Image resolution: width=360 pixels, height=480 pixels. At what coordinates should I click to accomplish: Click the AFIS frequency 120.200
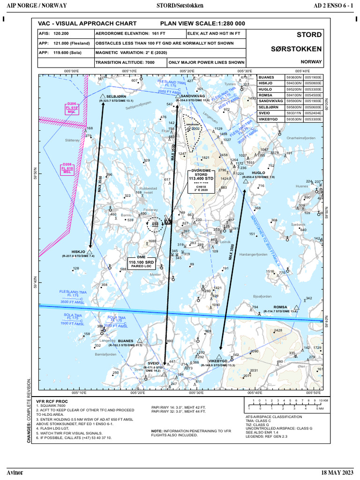pos(61,34)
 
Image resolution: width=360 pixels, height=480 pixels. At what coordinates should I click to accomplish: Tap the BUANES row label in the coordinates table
pos(266,77)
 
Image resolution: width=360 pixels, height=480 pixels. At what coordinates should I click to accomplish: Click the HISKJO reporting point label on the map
pos(78,252)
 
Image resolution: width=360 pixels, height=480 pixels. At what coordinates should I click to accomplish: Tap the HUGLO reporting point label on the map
pos(258,172)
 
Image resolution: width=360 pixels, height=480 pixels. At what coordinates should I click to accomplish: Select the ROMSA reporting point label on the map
pos(280,307)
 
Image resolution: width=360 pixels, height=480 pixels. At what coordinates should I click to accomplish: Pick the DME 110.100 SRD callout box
pos(142,262)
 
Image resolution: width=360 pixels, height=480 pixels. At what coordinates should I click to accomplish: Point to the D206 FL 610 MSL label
pos(71,108)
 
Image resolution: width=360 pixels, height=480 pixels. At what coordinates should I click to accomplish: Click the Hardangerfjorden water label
pos(253,255)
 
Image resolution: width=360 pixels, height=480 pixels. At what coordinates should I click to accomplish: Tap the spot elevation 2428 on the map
pos(278,330)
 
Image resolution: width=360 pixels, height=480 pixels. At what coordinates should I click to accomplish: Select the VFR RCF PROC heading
pos(52,402)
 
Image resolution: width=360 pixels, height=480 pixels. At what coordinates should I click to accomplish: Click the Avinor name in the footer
pos(15,472)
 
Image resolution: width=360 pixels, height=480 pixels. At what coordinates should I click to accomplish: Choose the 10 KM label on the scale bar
pos(325,400)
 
